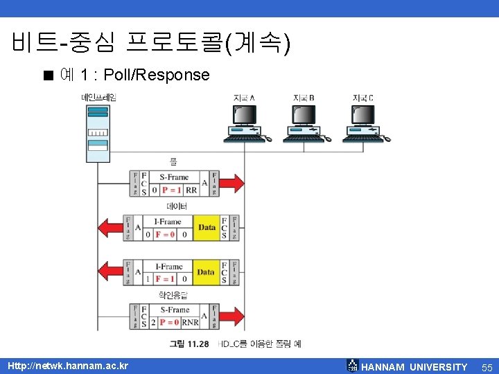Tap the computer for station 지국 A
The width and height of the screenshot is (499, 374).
coord(246,124)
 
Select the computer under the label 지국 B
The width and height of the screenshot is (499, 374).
coord(306,124)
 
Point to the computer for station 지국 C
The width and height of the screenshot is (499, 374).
coord(365,124)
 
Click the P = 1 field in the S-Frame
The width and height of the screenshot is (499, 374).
coord(170,190)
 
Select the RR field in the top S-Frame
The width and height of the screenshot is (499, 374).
coord(191,190)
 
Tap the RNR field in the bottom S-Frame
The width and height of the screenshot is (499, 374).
coord(190,322)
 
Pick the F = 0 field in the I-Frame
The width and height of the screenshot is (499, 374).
coord(165,235)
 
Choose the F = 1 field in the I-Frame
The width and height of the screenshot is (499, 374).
coord(165,278)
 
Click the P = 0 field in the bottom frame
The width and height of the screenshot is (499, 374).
coord(170,322)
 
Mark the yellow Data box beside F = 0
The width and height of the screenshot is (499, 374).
coord(207,228)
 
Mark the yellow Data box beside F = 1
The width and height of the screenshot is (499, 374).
coord(206,272)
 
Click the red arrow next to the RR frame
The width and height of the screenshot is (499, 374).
coord(234,184)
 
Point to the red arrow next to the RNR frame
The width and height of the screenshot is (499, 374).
coord(234,316)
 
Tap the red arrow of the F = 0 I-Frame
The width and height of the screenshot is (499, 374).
coord(110,228)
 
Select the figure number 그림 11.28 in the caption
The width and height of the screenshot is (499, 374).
coord(189,344)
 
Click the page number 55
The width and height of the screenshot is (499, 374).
coord(486,366)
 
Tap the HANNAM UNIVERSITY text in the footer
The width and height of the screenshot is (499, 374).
coord(414,366)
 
